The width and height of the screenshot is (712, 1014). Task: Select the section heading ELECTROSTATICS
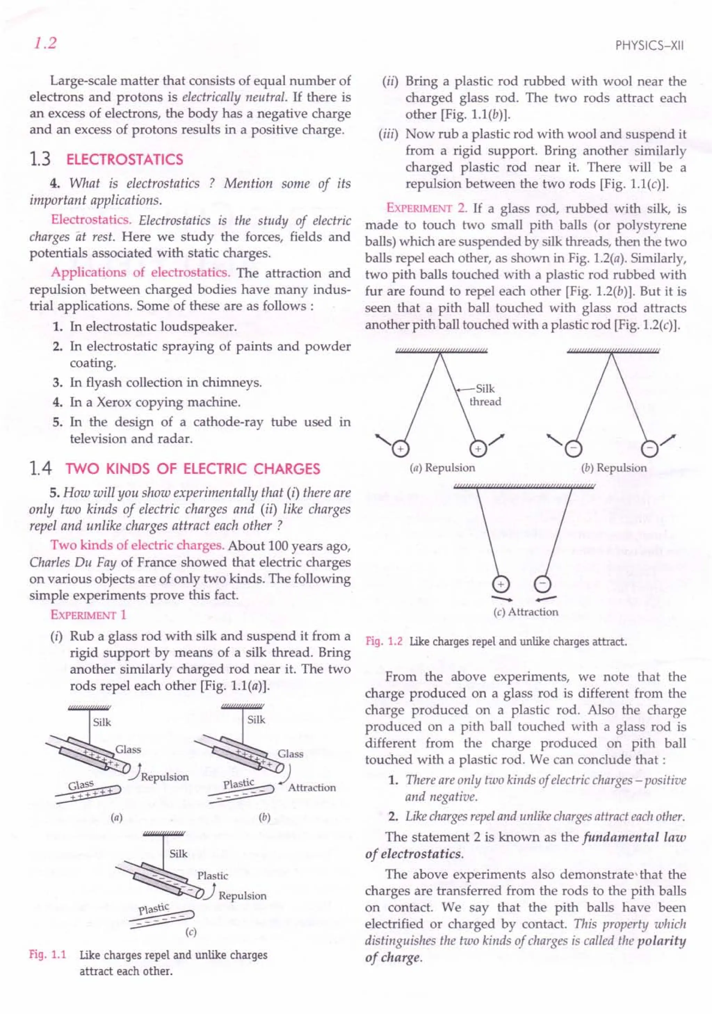124,160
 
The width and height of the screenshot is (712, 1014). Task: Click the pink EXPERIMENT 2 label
427,208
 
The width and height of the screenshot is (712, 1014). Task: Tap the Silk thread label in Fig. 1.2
485,395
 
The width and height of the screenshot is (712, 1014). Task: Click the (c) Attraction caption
526,612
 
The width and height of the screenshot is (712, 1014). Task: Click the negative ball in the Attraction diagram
543,584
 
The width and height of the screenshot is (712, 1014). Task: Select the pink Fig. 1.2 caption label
383,641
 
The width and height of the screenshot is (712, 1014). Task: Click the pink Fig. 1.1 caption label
47,955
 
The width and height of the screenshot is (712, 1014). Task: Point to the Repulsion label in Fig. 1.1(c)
242,896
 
